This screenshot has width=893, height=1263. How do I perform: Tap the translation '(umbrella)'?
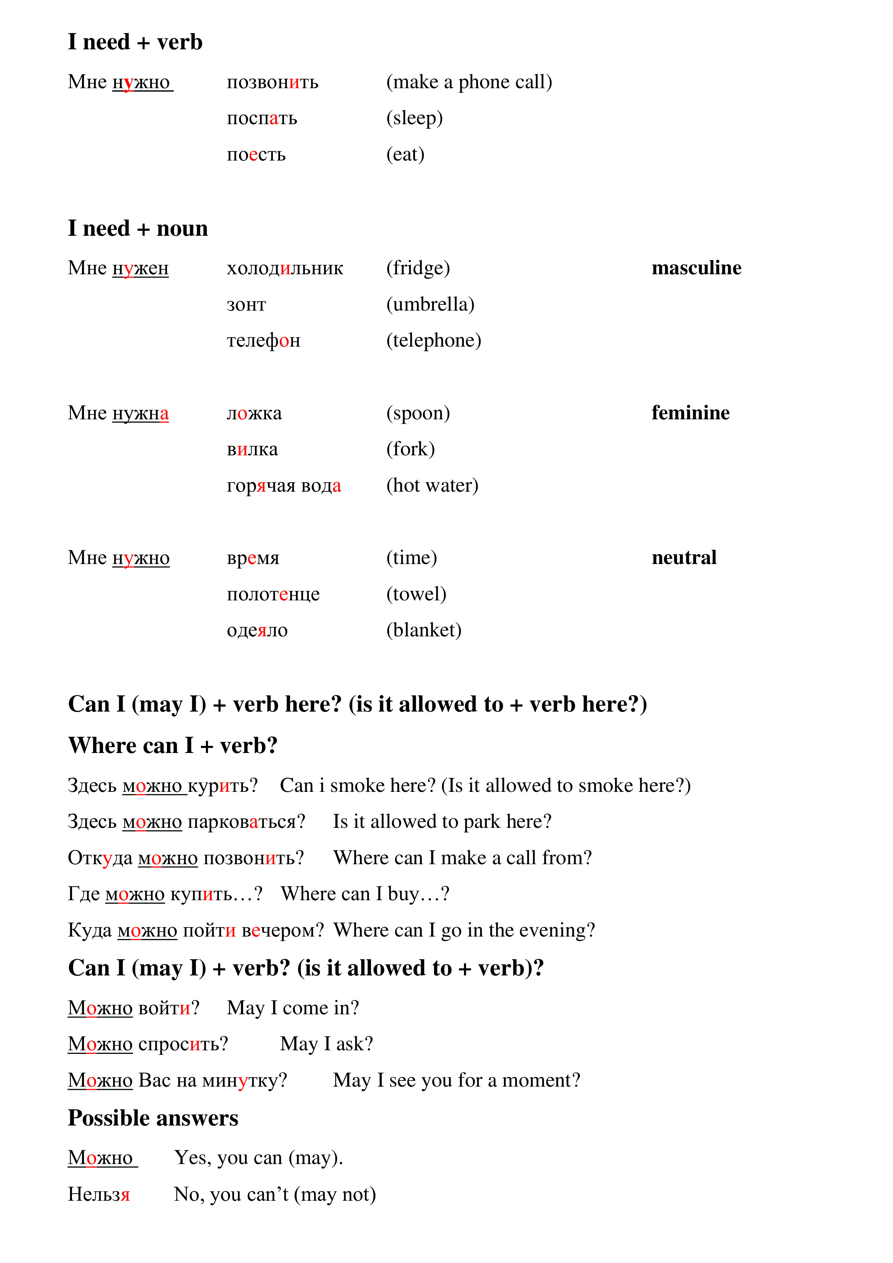430,304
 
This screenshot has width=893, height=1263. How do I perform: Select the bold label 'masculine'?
696,268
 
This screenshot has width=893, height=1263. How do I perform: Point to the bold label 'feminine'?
690,412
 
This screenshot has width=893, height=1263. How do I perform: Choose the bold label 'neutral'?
684,558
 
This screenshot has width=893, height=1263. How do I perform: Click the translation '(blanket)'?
424,630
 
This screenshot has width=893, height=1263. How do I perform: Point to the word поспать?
262,118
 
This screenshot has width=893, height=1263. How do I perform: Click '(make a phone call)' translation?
469,82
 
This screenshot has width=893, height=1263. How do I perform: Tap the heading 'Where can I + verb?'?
173,746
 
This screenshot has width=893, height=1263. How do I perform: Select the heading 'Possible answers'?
153,1118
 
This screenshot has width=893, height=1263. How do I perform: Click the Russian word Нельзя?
99,1194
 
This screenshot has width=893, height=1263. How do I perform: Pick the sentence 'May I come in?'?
293,1008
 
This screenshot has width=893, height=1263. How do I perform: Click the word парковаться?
246,822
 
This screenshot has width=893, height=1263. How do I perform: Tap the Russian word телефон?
263,340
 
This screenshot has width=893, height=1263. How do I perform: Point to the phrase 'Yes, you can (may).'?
258,1158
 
